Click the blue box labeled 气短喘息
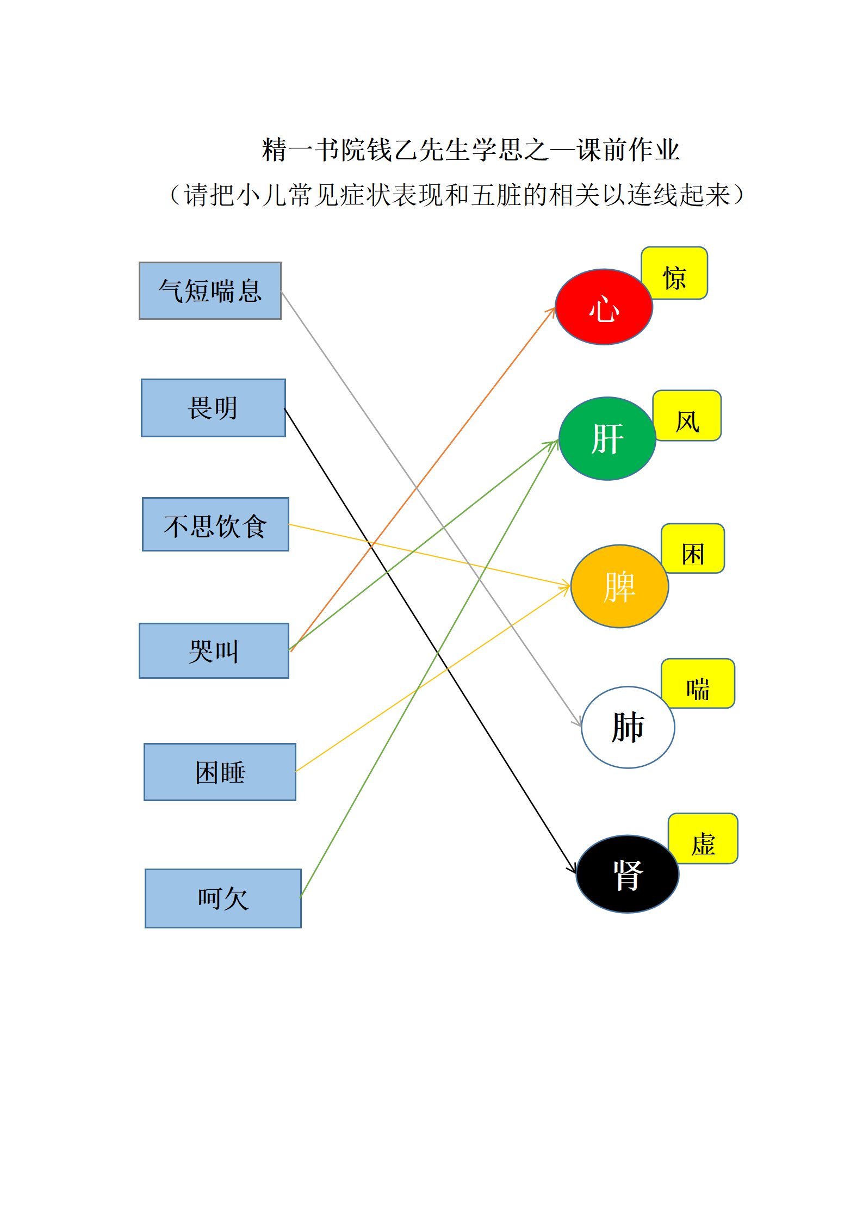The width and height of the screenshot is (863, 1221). tap(210, 290)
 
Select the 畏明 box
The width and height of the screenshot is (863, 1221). tap(213, 408)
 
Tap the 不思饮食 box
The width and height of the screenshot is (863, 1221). tap(215, 524)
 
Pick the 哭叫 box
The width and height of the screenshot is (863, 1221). tap(214, 650)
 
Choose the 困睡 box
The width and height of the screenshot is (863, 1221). tap(220, 772)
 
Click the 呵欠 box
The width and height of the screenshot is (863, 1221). tap(223, 898)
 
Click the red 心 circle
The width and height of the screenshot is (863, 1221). tap(604, 307)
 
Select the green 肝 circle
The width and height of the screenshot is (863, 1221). tap(607, 438)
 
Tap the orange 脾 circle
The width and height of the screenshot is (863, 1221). tap(619, 586)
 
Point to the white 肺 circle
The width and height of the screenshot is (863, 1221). tap(628, 727)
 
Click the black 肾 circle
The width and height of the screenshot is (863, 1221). tap(628, 874)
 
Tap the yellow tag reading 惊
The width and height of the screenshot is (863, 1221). tap(675, 274)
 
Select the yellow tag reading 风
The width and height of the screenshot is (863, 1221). tap(687, 416)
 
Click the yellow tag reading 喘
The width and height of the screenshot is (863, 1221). tap(698, 684)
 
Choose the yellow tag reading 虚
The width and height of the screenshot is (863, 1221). tap(703, 839)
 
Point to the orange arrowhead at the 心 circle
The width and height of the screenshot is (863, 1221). tap(552, 310)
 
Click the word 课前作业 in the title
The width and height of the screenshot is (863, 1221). tap(628, 150)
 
